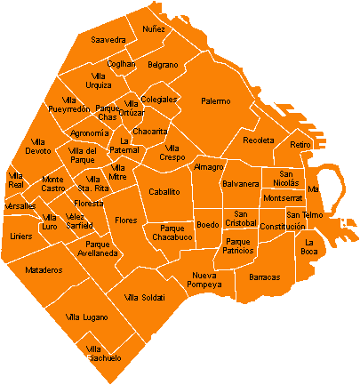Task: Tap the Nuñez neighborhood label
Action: click(x=154, y=29)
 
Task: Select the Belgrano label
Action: click(x=163, y=65)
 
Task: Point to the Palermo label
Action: click(x=215, y=101)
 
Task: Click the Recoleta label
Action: click(x=259, y=140)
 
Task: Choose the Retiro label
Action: click(x=300, y=144)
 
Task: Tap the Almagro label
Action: click(x=209, y=166)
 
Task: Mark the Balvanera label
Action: click(x=240, y=184)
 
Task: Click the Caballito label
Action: click(x=164, y=191)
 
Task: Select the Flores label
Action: click(x=125, y=220)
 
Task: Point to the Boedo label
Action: click(x=207, y=224)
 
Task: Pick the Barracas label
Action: click(x=265, y=277)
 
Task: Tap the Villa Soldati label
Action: click(x=145, y=297)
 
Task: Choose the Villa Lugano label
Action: click(x=87, y=317)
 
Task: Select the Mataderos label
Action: click(x=44, y=269)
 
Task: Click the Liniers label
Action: click(x=20, y=237)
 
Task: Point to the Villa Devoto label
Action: click(x=38, y=147)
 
